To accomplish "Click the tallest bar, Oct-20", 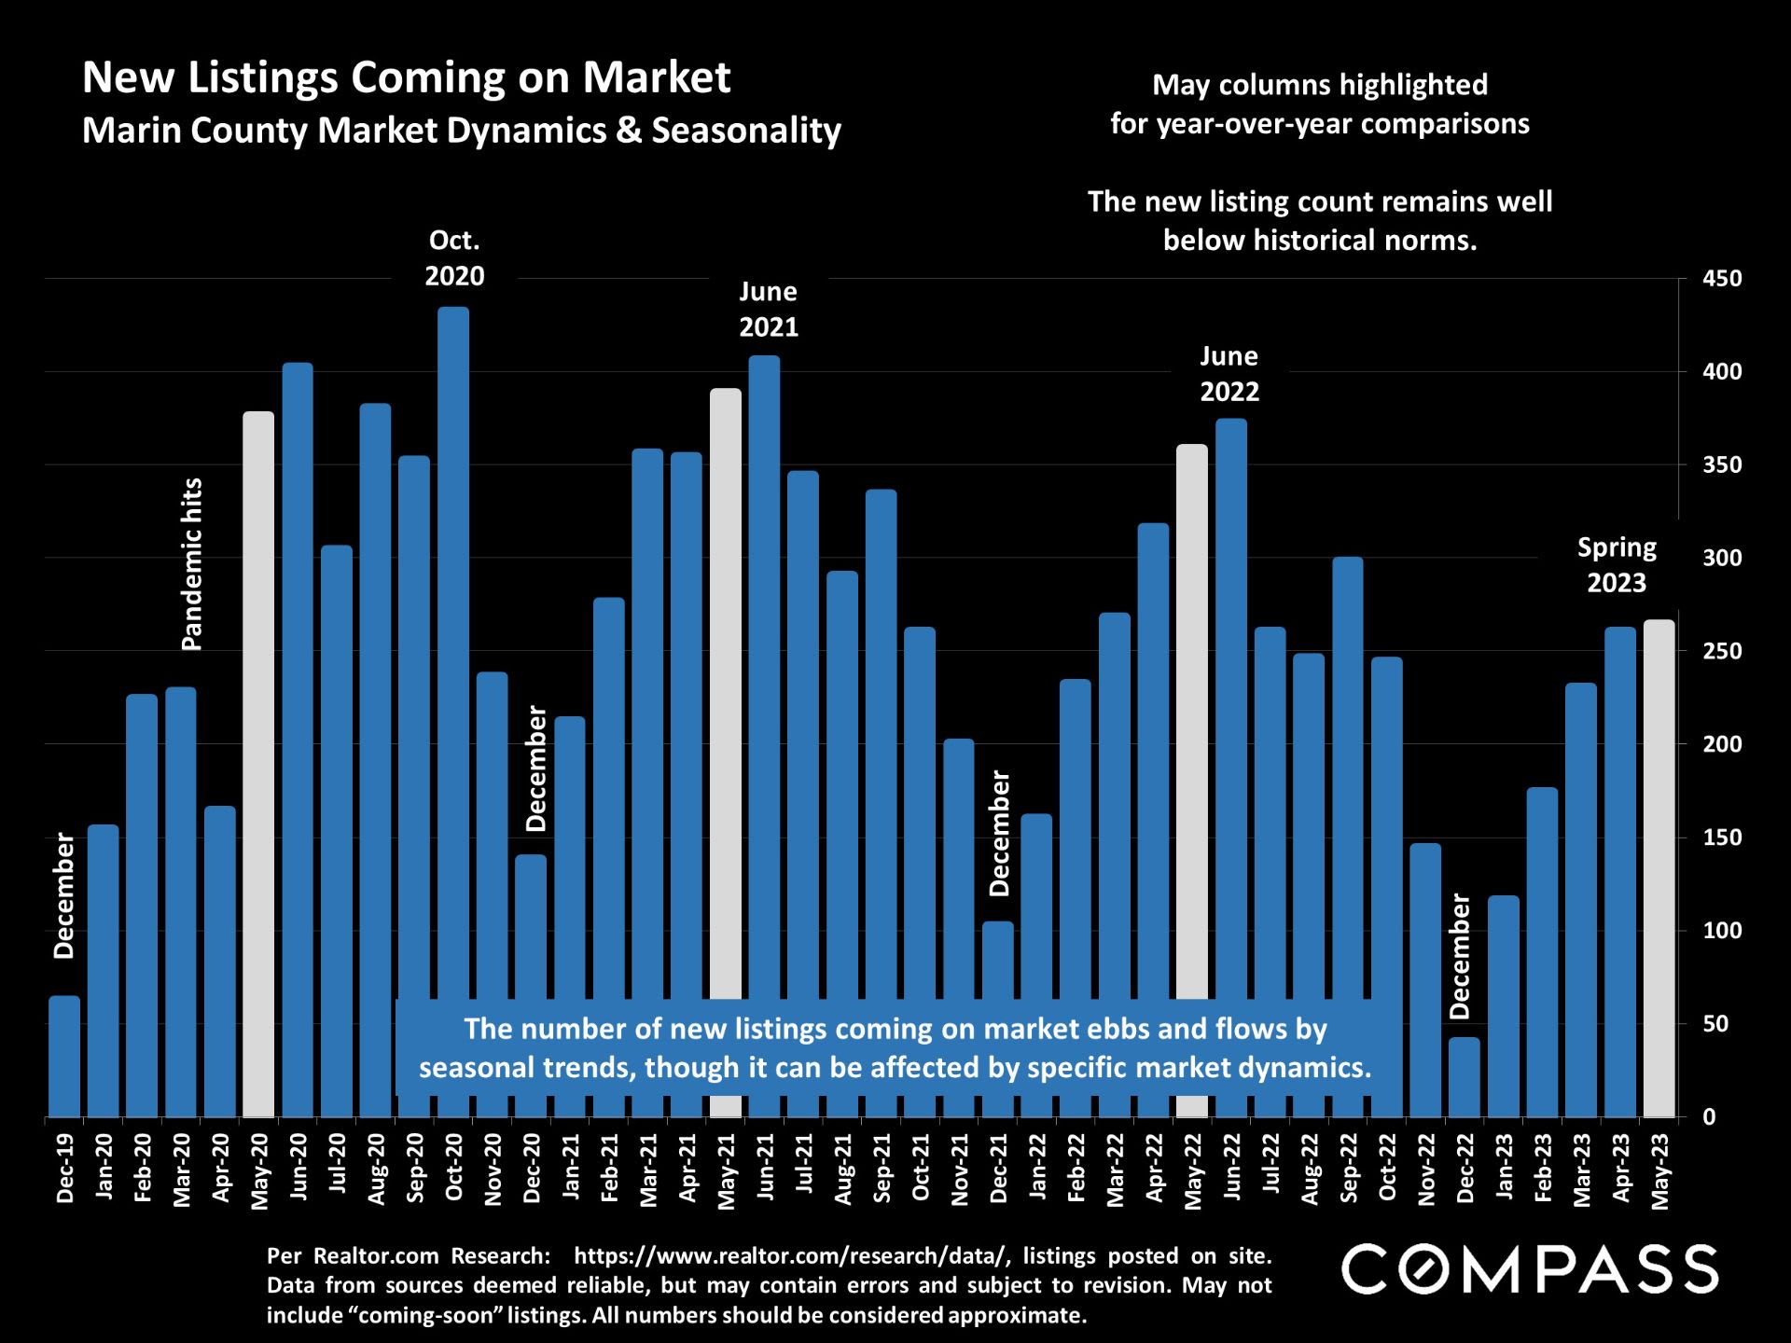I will (453, 653).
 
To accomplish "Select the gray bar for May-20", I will (258, 765).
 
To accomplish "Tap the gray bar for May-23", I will (1659, 867).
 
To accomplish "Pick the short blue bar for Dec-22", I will (1465, 1077).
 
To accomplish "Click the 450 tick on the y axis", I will (1722, 279).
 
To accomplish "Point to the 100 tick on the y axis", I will (1722, 931).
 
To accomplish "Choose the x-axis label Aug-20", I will (376, 1169).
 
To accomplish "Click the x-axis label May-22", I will (1192, 1171).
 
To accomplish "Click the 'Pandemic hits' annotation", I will (191, 564).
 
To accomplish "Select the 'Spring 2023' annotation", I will (1617, 565).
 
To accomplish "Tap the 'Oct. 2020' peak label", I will (454, 258).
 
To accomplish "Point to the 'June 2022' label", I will (1229, 373).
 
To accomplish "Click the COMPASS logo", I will (1530, 1269).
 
